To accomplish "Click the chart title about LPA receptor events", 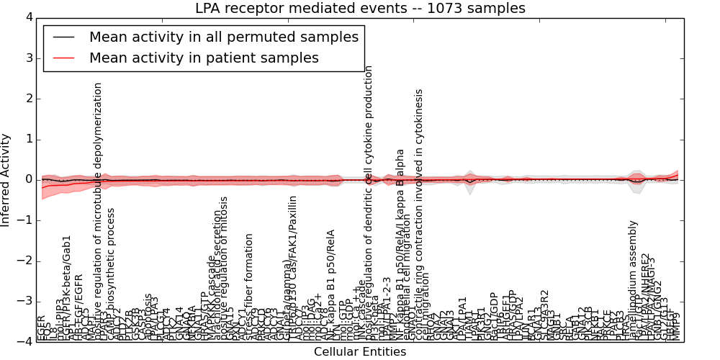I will pyautogui.click(x=360, y=9).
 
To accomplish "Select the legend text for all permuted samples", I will pyautogui.click(x=223, y=37).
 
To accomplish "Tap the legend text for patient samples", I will pyautogui.click(x=204, y=58).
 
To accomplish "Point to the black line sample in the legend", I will pyautogui.click(x=63, y=37).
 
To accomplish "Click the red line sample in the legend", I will pyautogui.click(x=63, y=58).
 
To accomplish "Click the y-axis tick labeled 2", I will pyautogui.click(x=28, y=99).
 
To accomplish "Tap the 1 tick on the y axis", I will pyautogui.click(x=28, y=139).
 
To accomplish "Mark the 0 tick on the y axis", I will pyautogui.click(x=28, y=179).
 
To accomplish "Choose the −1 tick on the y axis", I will pyautogui.click(x=24, y=220).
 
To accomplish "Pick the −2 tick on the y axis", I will pyautogui.click(x=24, y=261).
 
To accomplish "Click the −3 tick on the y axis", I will pyautogui.click(x=24, y=301).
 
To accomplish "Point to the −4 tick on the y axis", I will pyautogui.click(x=24, y=341).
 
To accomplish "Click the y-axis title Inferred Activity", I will pyautogui.click(x=6, y=179).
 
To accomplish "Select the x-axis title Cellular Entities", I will pyautogui.click(x=360, y=352).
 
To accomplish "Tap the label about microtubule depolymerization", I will pyautogui.click(x=99, y=209).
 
